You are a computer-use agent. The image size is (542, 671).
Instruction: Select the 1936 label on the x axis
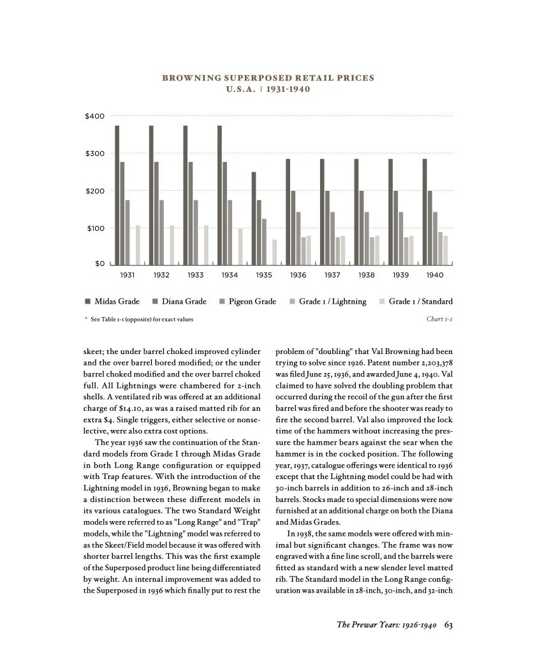tap(298, 275)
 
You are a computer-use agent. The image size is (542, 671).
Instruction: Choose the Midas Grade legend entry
tap(112, 302)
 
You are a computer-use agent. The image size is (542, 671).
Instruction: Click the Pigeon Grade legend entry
tap(247, 302)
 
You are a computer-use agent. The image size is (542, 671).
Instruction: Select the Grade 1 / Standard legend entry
tap(416, 302)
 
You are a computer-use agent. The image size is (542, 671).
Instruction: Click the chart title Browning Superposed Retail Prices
tap(268, 78)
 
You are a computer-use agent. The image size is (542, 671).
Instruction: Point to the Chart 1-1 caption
tap(439, 319)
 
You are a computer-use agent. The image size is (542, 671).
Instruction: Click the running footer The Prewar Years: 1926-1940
tap(386, 624)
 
